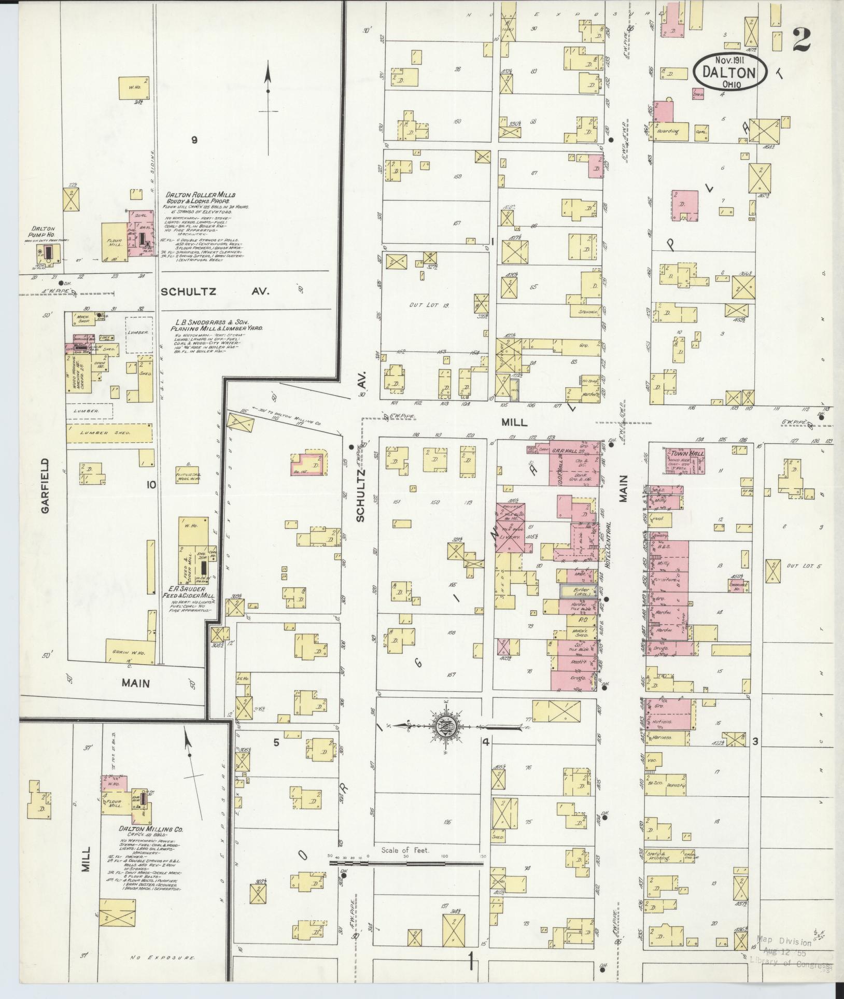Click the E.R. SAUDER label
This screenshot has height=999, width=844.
[x=188, y=589]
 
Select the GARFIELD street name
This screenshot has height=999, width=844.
[x=46, y=485]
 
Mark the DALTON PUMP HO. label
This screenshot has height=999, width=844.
[x=44, y=231]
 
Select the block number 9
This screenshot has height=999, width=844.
[x=194, y=139]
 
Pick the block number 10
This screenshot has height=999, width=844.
[x=151, y=485]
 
